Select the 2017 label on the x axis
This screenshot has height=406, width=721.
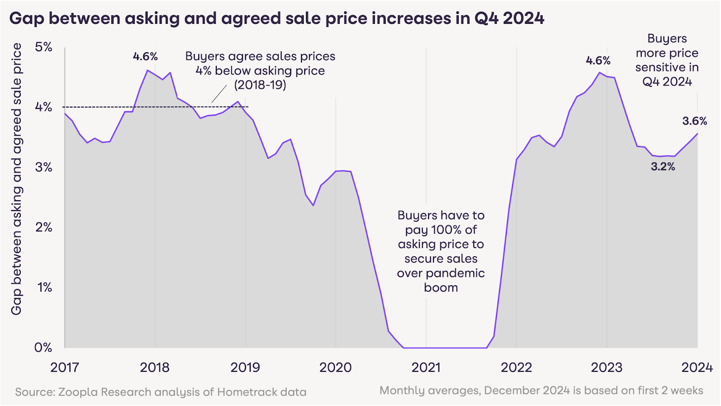(64, 367)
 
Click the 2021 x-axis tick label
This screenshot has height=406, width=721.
(426, 367)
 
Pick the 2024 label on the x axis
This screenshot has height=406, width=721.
(697, 367)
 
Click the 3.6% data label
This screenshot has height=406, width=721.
(694, 121)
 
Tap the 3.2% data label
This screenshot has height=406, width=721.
(663, 167)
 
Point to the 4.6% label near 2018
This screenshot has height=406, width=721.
(145, 56)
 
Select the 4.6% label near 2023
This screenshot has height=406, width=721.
(598, 60)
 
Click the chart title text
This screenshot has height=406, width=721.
(277, 18)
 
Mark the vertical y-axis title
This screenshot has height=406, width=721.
(16, 179)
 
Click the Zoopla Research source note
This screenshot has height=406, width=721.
(161, 392)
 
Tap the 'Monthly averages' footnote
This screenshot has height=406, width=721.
(541, 390)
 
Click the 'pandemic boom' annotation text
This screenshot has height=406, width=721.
(441, 280)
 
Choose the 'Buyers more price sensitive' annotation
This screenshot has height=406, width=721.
(667, 60)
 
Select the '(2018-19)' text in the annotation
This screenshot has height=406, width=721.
(260, 85)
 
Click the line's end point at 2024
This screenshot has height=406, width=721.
(698, 133)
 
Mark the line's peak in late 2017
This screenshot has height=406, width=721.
(147, 70)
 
